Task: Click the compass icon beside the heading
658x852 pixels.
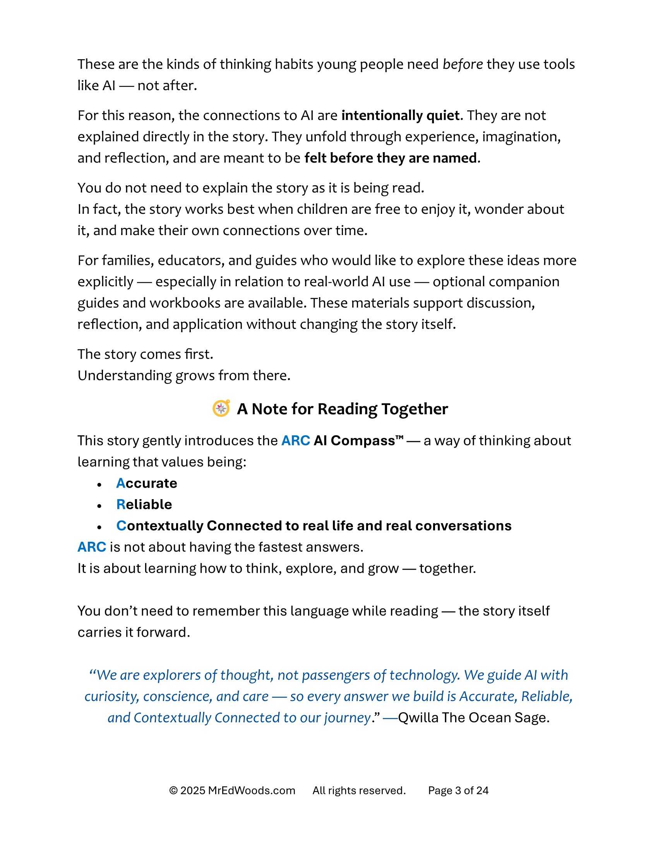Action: pyautogui.click(x=221, y=409)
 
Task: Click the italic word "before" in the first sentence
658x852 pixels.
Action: pyautogui.click(x=463, y=64)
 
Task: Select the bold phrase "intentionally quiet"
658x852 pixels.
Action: pyautogui.click(x=400, y=115)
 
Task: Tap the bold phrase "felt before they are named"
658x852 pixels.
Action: pyautogui.click(x=391, y=158)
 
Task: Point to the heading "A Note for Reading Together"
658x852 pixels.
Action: pyautogui.click(x=342, y=409)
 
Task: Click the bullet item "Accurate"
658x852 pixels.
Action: pyautogui.click(x=147, y=483)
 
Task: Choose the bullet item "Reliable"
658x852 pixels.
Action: pyautogui.click(x=144, y=504)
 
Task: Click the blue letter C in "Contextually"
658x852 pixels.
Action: pyautogui.click(x=121, y=526)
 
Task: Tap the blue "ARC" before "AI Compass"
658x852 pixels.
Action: pyautogui.click(x=295, y=441)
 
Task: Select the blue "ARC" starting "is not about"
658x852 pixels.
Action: pyautogui.click(x=92, y=547)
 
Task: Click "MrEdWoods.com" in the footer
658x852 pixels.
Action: pyautogui.click(x=252, y=790)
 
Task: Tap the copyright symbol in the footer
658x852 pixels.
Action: pyautogui.click(x=173, y=791)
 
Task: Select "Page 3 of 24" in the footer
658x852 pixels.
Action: pyautogui.click(x=458, y=790)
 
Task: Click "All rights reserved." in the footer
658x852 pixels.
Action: pyautogui.click(x=359, y=790)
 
